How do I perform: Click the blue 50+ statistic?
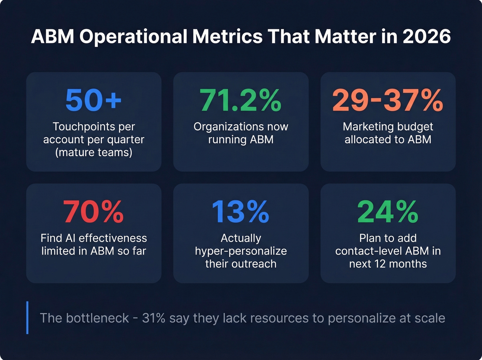(93, 100)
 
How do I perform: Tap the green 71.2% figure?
(241, 100)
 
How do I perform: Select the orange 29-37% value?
(388, 100)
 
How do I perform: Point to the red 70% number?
(93, 212)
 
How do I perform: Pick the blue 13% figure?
(241, 212)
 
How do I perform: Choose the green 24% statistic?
(388, 212)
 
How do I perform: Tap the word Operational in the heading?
(134, 37)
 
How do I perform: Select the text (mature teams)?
(94, 152)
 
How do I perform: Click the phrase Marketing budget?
(388, 127)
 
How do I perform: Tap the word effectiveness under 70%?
(113, 238)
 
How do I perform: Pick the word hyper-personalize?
(241, 251)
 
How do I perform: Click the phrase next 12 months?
(388, 264)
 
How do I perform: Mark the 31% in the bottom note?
(154, 318)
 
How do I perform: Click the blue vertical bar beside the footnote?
(27, 318)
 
